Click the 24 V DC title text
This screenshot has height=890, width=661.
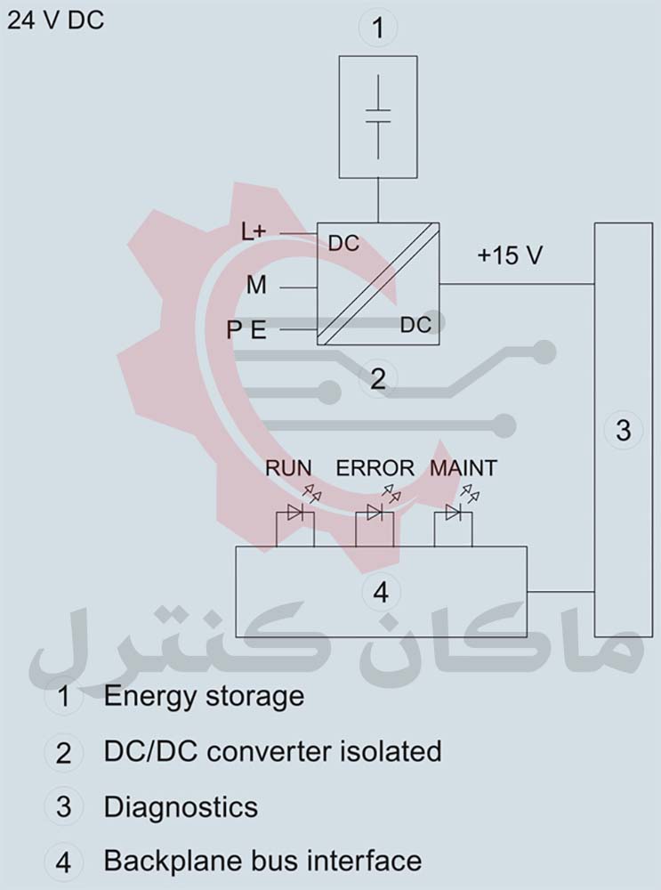click(x=55, y=20)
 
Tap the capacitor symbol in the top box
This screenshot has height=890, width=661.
click(x=378, y=116)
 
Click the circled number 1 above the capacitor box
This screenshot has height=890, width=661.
click(x=378, y=28)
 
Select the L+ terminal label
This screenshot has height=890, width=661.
click(x=254, y=231)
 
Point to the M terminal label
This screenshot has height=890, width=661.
click(x=256, y=286)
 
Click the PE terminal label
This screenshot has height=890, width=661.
click(x=246, y=331)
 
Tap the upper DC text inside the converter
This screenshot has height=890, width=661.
click(x=343, y=243)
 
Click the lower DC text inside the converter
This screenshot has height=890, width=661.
click(x=415, y=325)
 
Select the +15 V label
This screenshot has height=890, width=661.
click(x=510, y=255)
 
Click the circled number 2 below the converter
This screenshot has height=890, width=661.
click(x=378, y=379)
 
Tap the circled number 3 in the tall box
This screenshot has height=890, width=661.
click(x=623, y=430)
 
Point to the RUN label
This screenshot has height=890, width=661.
click(x=289, y=467)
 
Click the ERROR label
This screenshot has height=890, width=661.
click(x=375, y=467)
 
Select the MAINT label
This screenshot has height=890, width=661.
click(x=463, y=467)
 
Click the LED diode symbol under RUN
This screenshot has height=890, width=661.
click(x=294, y=513)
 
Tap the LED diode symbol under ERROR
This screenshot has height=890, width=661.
click(x=374, y=513)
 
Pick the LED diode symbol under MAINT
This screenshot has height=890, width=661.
click(x=453, y=513)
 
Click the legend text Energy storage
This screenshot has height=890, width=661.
click(x=204, y=696)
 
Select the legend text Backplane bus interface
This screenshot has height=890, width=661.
click(x=262, y=862)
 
